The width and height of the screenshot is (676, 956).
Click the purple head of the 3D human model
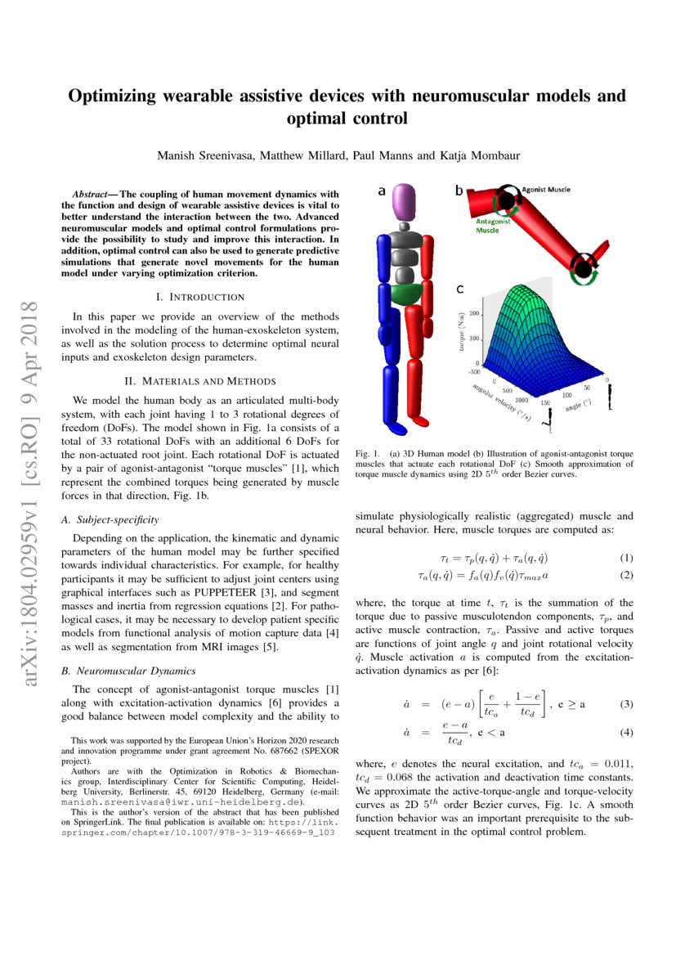tap(405, 200)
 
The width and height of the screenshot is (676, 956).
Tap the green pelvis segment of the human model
tap(405, 293)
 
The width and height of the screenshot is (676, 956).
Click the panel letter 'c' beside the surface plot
tap(461, 289)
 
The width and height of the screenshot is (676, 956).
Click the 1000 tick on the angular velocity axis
tap(520, 402)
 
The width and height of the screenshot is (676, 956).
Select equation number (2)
tap(626, 575)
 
